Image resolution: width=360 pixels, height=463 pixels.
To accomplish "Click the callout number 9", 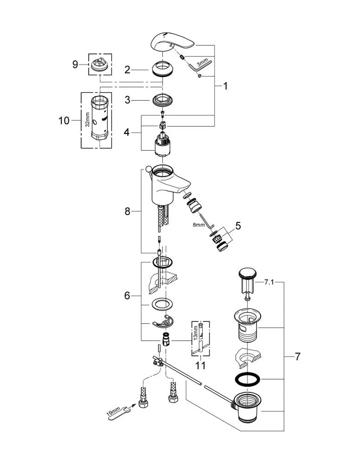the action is coord(75,64).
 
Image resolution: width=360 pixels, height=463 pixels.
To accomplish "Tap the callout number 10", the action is coord(64,121).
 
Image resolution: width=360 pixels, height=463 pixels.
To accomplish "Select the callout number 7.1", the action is coord(269,282).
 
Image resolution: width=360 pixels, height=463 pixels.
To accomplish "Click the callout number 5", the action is coord(238,226).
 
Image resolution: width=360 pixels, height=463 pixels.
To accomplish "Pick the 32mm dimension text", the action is coord(87,119).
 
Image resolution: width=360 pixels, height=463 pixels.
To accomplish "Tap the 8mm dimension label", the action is coord(199,224).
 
